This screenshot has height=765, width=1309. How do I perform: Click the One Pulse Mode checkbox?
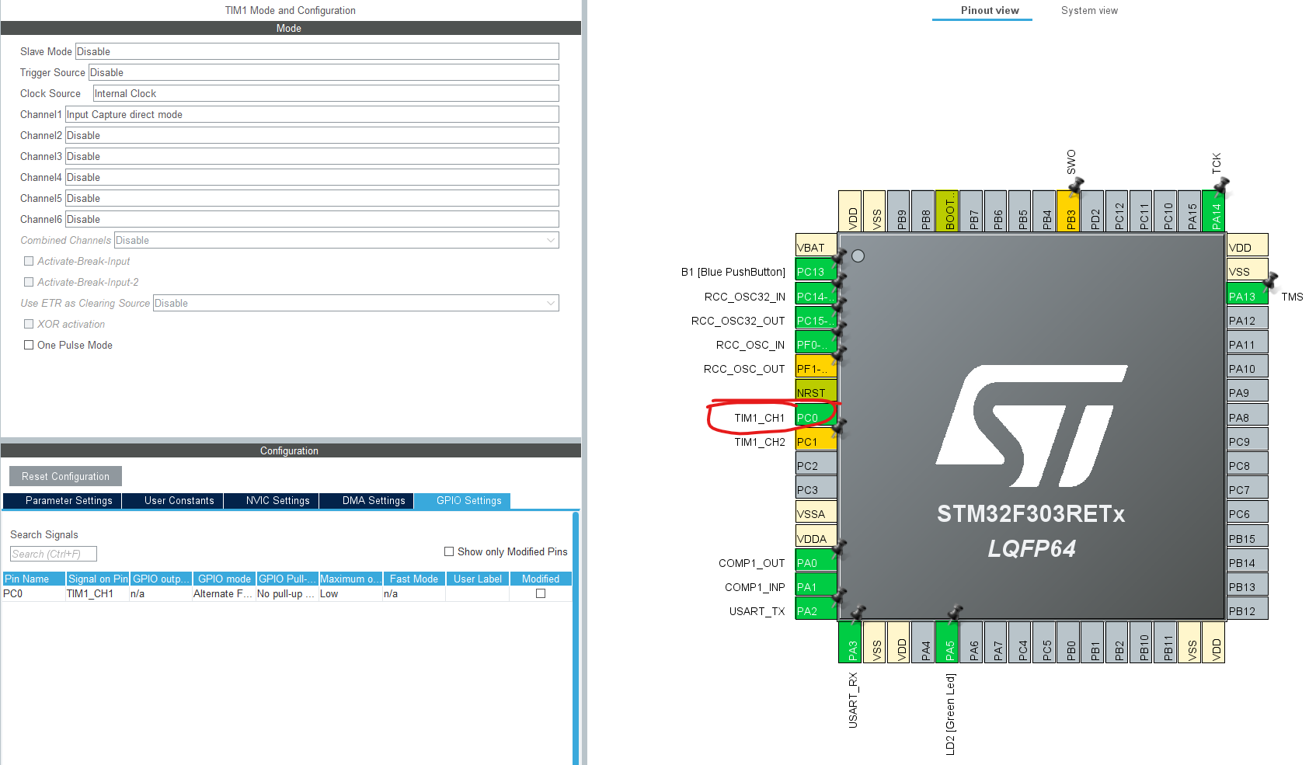[29, 345]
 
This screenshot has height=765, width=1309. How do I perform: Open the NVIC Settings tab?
[277, 501]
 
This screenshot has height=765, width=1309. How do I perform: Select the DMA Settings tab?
[374, 501]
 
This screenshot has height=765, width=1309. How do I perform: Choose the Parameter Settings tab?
[68, 501]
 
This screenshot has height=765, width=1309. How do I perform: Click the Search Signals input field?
[53, 554]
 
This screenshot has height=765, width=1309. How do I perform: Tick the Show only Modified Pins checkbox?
[449, 551]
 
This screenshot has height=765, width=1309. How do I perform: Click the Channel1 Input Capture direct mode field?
[311, 114]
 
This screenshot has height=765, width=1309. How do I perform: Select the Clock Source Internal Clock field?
[325, 93]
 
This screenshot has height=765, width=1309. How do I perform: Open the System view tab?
[1089, 11]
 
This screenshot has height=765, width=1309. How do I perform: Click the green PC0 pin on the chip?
[815, 418]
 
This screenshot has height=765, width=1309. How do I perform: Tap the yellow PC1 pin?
[815, 442]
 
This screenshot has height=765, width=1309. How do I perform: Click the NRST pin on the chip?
[815, 393]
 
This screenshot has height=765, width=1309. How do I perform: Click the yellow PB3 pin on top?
[1071, 211]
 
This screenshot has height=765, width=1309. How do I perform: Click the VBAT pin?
[815, 248]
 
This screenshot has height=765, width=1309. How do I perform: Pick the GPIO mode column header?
[225, 579]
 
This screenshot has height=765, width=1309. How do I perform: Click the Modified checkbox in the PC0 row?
[541, 593]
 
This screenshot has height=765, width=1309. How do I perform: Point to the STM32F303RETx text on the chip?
[1030, 514]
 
